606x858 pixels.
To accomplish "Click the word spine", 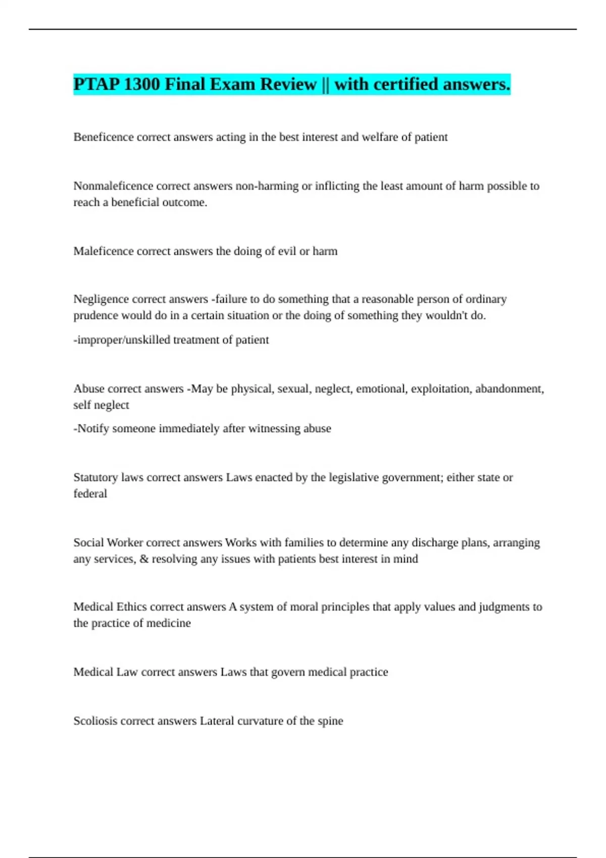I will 330,721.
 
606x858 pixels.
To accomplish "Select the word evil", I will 287,251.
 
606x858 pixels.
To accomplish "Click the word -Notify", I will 91,428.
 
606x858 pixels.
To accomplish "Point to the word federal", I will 90,494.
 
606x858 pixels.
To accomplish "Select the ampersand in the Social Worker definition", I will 144,559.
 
